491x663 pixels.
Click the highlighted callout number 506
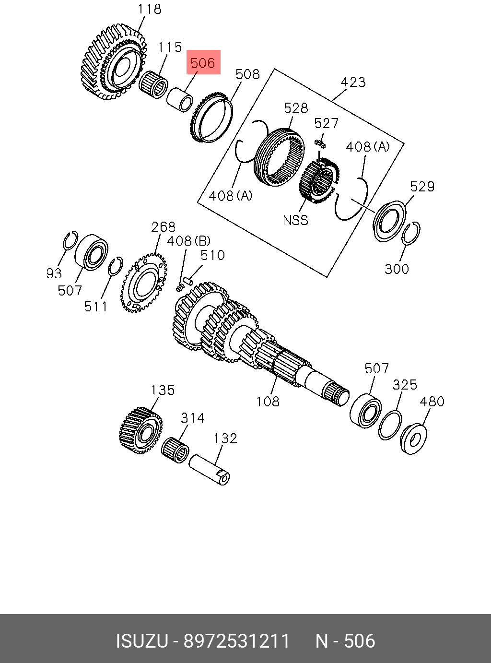click(x=203, y=63)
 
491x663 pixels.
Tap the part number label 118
click(x=150, y=9)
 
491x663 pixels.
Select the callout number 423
click(x=353, y=82)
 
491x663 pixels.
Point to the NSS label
click(x=295, y=220)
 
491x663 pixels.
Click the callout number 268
click(x=163, y=227)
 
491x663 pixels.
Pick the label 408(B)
click(x=188, y=241)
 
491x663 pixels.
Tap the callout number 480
click(x=432, y=402)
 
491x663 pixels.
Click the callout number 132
click(x=225, y=438)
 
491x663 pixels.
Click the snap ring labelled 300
click(x=411, y=233)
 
